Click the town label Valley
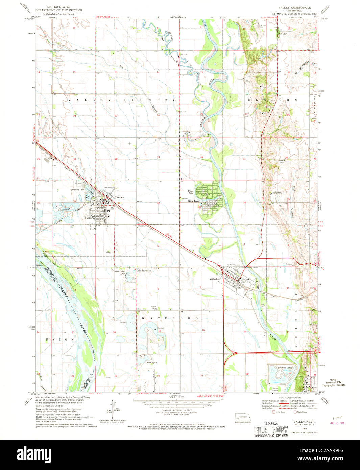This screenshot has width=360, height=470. (x=120, y=197)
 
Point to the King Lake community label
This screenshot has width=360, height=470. (x=194, y=201)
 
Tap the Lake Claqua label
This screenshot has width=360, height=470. (x=151, y=363)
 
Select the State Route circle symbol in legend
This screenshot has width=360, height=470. (x=295, y=412)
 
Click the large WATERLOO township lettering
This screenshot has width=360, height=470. (x=170, y=318)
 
